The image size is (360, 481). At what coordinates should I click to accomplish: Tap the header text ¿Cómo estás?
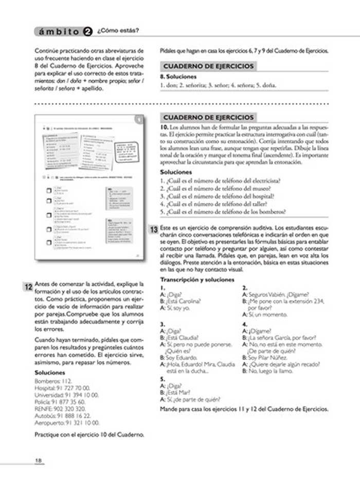click(117, 31)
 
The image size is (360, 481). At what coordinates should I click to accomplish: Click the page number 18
click(38, 459)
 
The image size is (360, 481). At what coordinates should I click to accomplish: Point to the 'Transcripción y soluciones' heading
click(197, 280)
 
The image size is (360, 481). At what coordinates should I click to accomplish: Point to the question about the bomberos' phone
click(223, 211)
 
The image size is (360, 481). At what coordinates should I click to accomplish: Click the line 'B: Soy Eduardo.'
click(178, 357)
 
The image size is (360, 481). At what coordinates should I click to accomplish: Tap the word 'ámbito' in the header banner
click(56, 31)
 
